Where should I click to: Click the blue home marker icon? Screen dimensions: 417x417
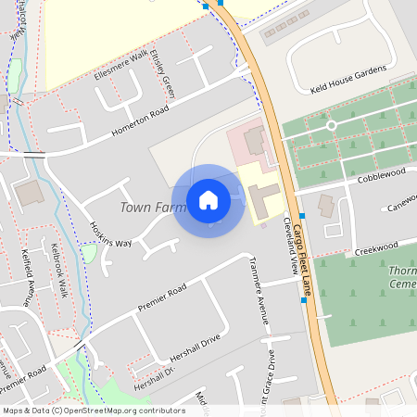208,200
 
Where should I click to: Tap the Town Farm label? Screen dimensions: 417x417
153,208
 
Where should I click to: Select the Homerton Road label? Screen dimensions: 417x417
140,123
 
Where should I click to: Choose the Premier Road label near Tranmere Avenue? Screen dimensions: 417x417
162,297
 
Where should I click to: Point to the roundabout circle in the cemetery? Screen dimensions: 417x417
331,124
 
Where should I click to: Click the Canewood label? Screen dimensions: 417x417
401,202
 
